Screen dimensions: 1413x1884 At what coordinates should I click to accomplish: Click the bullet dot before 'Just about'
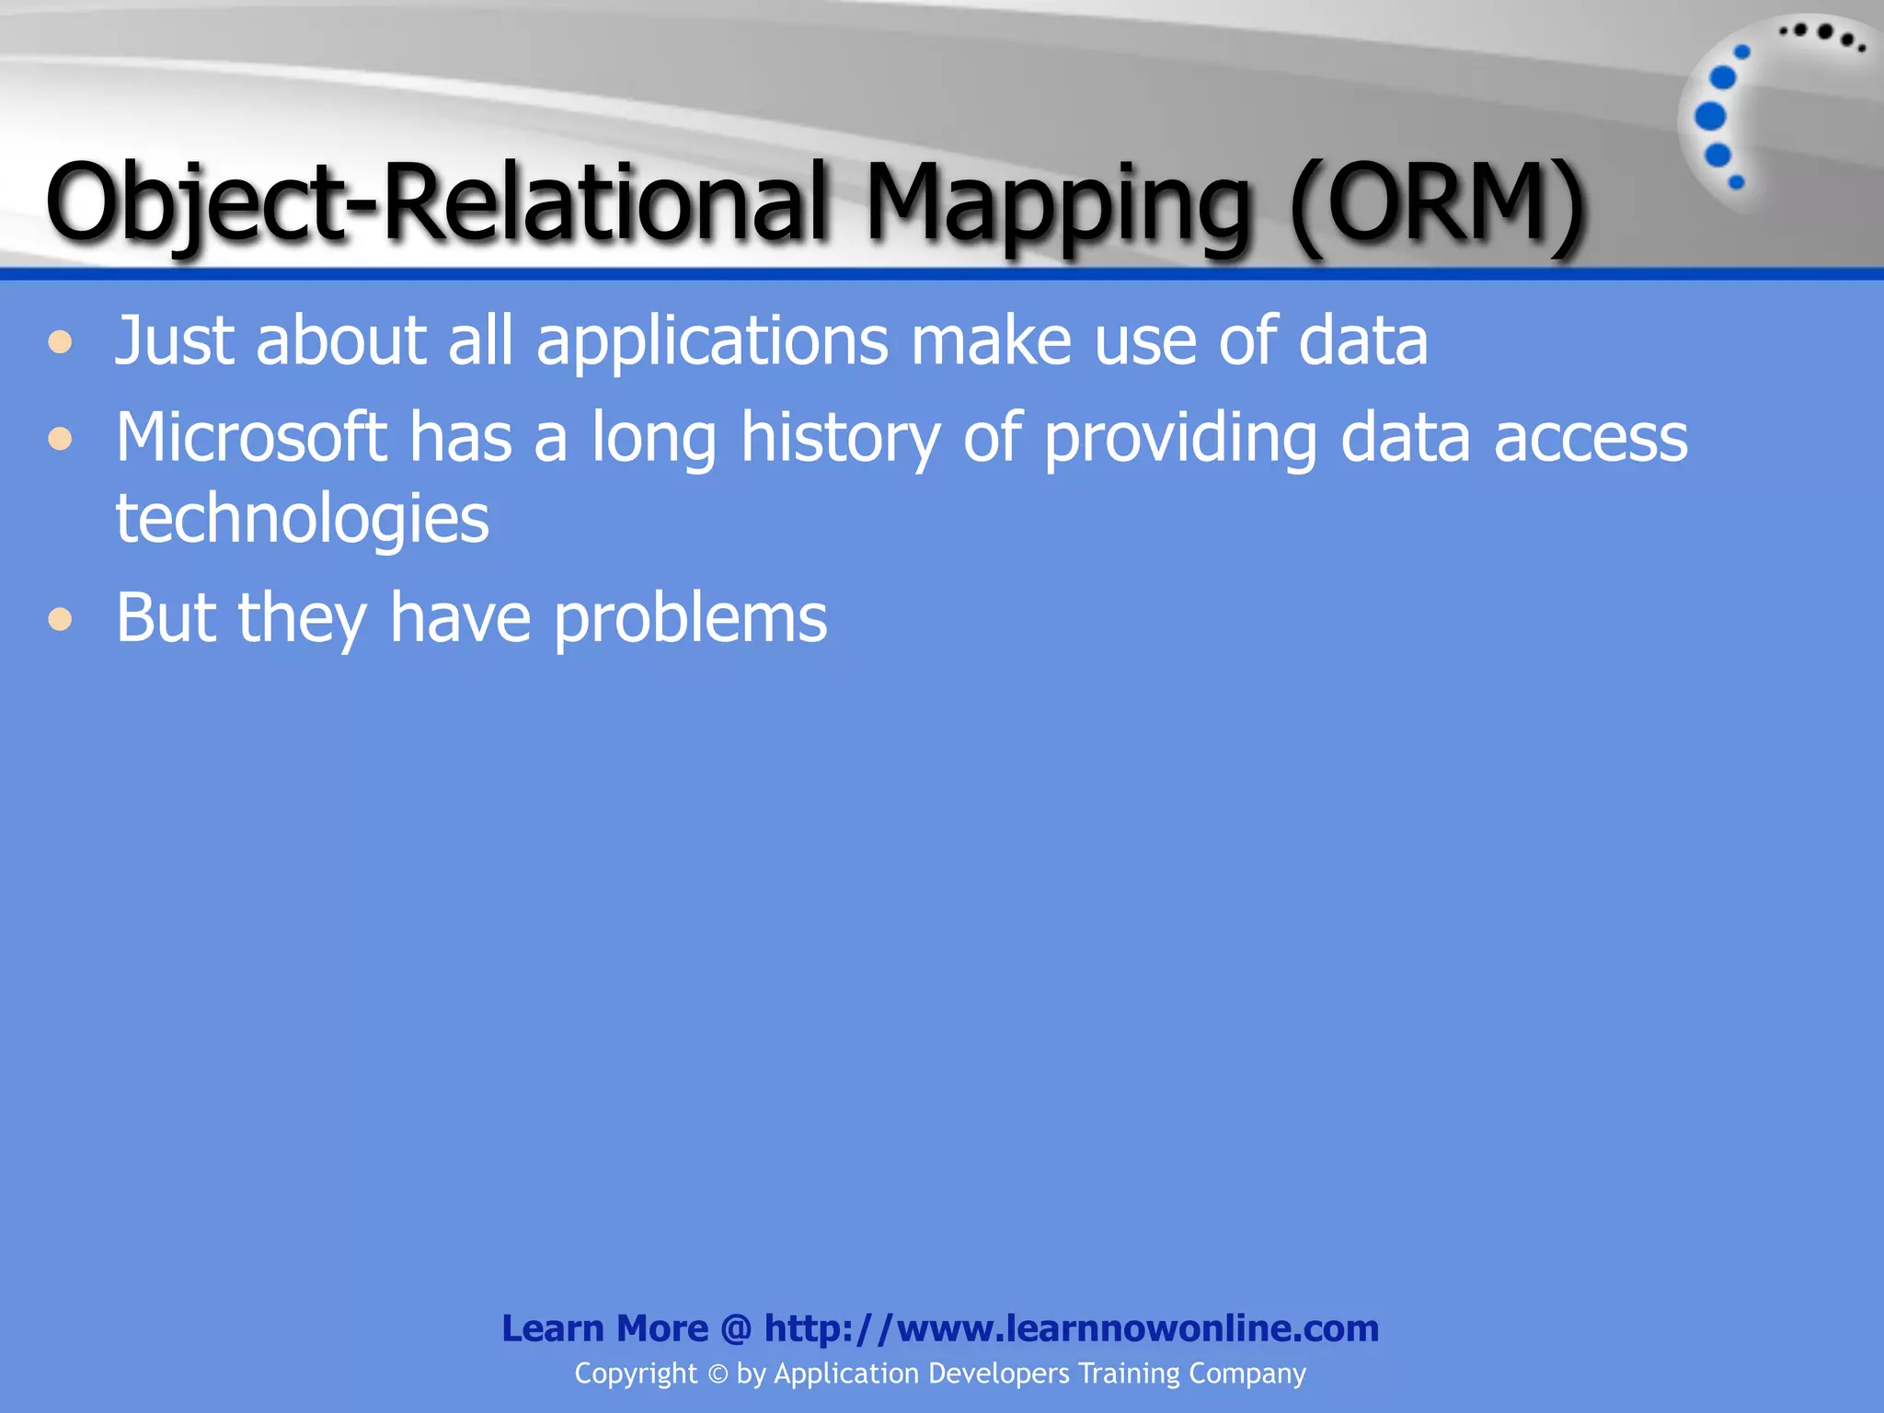click(x=61, y=343)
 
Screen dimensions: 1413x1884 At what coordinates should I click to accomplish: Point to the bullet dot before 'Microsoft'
click(x=61, y=439)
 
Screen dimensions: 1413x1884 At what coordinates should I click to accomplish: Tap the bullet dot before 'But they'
click(x=61, y=619)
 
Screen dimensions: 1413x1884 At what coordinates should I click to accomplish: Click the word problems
click(x=690, y=618)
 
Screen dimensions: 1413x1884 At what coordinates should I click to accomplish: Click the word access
click(x=1591, y=439)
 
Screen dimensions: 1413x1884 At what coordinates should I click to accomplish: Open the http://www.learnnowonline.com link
click(x=1071, y=1328)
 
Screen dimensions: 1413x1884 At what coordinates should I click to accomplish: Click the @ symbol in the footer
click(x=736, y=1328)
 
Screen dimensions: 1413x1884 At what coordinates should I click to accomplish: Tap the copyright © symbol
click(x=717, y=1374)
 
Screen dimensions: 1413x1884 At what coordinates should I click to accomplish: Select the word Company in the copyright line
click(x=1246, y=1373)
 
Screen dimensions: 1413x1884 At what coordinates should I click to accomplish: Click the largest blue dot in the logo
click(x=1710, y=117)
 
